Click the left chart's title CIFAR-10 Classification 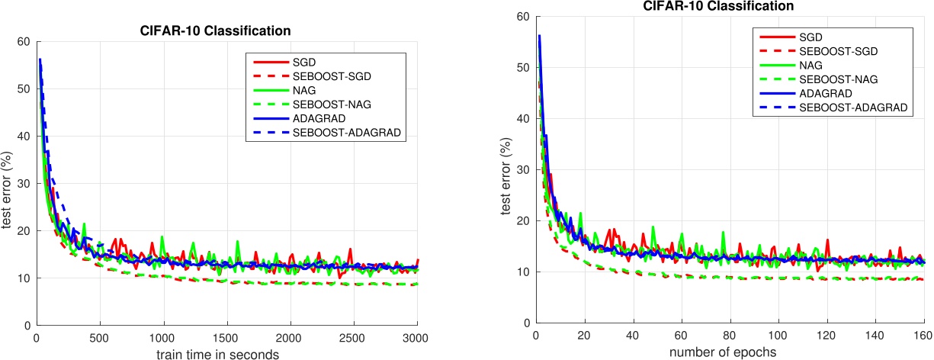tap(226, 31)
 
